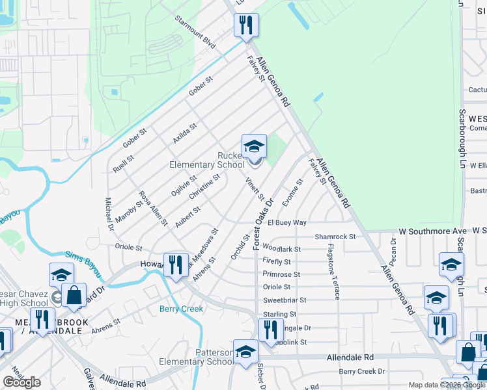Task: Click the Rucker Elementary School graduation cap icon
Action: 254,146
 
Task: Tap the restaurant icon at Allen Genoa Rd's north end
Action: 246,25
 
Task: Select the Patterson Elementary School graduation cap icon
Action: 245,352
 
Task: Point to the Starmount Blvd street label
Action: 195,29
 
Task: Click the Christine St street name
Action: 204,186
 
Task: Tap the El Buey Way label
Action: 286,222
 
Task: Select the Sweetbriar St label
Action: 284,300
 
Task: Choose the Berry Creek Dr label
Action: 362,371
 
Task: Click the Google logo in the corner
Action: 21,382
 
